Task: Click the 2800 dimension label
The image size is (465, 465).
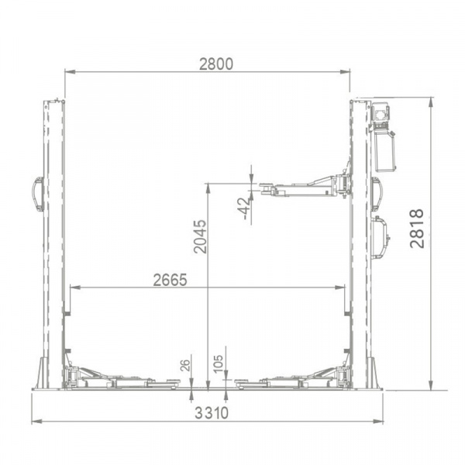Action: coord(216,64)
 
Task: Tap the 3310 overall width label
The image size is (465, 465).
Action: coord(212,413)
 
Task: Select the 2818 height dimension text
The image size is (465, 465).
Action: coord(417,229)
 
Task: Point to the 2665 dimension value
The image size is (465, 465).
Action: coord(170,280)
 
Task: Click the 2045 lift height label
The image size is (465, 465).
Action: coord(200,236)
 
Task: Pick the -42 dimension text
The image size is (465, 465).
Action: coord(243,208)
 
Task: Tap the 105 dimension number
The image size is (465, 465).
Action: coord(218,364)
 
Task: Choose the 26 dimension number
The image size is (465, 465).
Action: coord(184,365)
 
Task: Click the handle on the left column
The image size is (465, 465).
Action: coord(38,195)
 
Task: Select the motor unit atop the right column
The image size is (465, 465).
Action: coord(383,136)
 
